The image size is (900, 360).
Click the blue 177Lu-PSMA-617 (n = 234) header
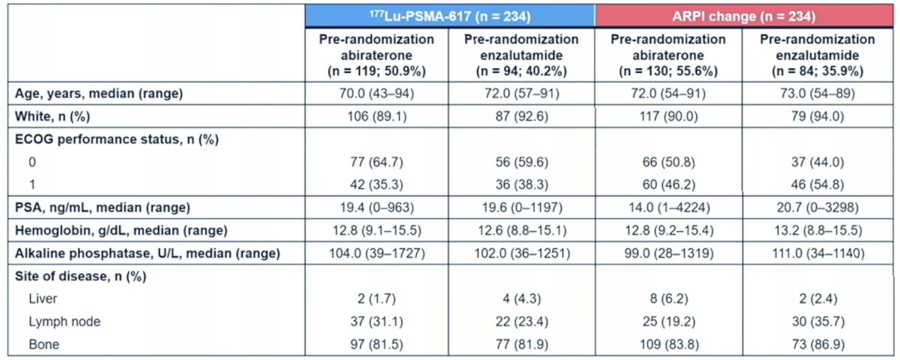450,16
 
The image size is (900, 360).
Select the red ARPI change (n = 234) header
744,16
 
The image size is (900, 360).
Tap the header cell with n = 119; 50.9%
376,55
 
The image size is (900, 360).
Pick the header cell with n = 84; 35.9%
817,55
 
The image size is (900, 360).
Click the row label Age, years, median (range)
99,94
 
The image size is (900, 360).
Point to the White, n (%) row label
52,116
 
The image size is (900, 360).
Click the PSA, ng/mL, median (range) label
103,208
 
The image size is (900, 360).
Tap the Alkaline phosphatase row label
148,253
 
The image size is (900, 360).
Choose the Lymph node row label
64,322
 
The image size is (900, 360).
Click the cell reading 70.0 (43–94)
376,94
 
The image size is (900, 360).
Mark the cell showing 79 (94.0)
817,116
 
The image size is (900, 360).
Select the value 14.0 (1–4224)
669,208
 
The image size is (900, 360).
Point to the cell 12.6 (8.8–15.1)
522,231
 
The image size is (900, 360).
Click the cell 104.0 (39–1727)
376,253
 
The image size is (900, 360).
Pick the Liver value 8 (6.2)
669,299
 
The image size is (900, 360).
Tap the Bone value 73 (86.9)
817,344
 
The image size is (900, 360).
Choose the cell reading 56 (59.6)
522,162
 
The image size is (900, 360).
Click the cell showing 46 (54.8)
817,184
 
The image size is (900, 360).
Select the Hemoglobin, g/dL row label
121,231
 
